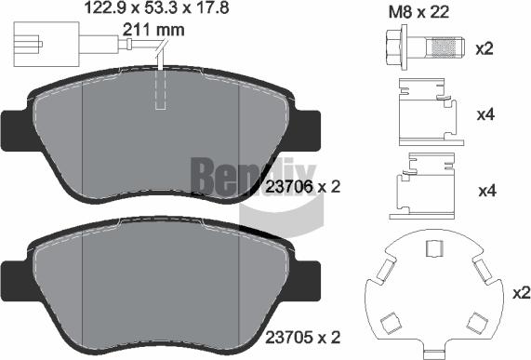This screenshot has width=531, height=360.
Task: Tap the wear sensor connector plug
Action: click(28, 43)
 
